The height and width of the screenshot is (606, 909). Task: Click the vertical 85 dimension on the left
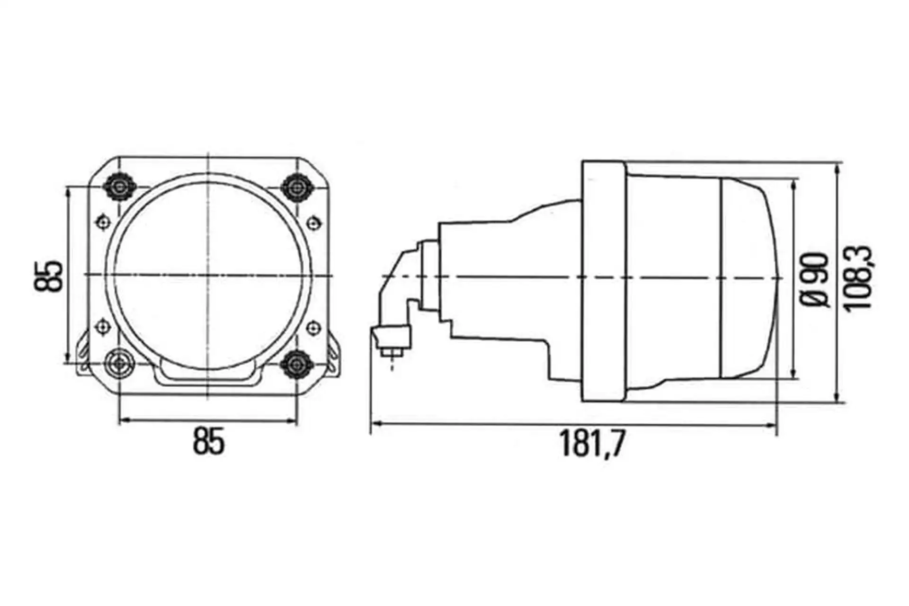[48, 276]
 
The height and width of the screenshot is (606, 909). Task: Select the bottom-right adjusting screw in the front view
[296, 364]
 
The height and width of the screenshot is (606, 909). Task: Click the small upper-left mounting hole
[104, 222]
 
